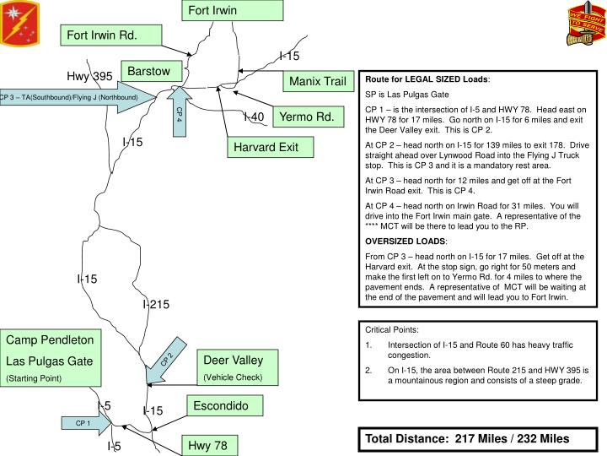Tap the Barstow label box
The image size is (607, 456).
(x=149, y=71)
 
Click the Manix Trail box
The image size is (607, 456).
(x=317, y=82)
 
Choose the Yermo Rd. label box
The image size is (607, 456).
(x=306, y=117)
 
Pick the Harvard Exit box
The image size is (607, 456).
(x=266, y=148)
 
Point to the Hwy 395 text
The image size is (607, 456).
(x=89, y=77)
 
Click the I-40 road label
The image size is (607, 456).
(x=254, y=117)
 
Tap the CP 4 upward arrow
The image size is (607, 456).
(x=180, y=111)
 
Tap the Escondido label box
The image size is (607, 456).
(x=221, y=406)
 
